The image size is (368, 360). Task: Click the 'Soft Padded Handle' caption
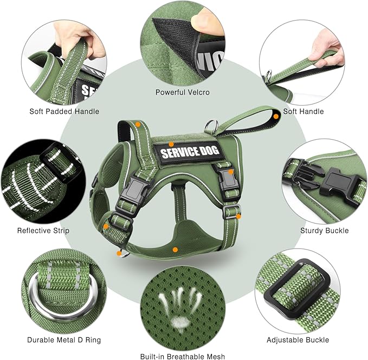click(x=64, y=112)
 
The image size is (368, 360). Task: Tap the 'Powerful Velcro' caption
click(x=182, y=93)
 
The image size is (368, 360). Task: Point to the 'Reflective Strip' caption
click(x=43, y=231)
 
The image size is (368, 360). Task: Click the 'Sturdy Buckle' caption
click(x=325, y=231)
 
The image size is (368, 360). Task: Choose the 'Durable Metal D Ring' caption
click(x=64, y=340)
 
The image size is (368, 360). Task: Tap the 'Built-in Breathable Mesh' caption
click(x=182, y=356)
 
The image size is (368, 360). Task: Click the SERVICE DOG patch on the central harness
click(x=190, y=152)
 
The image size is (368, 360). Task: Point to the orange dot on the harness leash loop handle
click(x=276, y=116)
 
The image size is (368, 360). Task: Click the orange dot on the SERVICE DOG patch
click(x=171, y=144)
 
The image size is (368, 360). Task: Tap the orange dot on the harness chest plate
click(x=175, y=250)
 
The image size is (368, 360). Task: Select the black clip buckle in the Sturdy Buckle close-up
click(x=325, y=179)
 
